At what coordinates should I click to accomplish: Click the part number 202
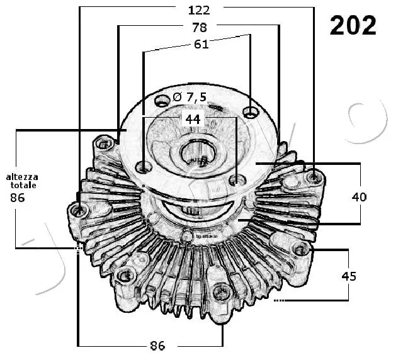coord(353,25)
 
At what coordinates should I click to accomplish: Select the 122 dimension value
coord(199,10)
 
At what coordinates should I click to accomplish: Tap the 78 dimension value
coord(199,27)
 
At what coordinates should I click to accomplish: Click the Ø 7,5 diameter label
coord(189,98)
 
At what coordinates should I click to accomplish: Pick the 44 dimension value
coord(193,118)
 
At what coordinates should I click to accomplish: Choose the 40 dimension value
coord(359,197)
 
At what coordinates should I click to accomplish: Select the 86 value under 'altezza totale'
coord(18,198)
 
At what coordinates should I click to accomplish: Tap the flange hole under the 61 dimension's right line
coord(251,113)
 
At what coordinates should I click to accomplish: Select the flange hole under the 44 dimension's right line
coord(237,181)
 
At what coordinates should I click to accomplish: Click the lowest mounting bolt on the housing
coord(222,292)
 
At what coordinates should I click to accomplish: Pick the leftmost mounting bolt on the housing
coord(79,210)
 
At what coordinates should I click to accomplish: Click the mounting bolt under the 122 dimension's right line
coord(313,177)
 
